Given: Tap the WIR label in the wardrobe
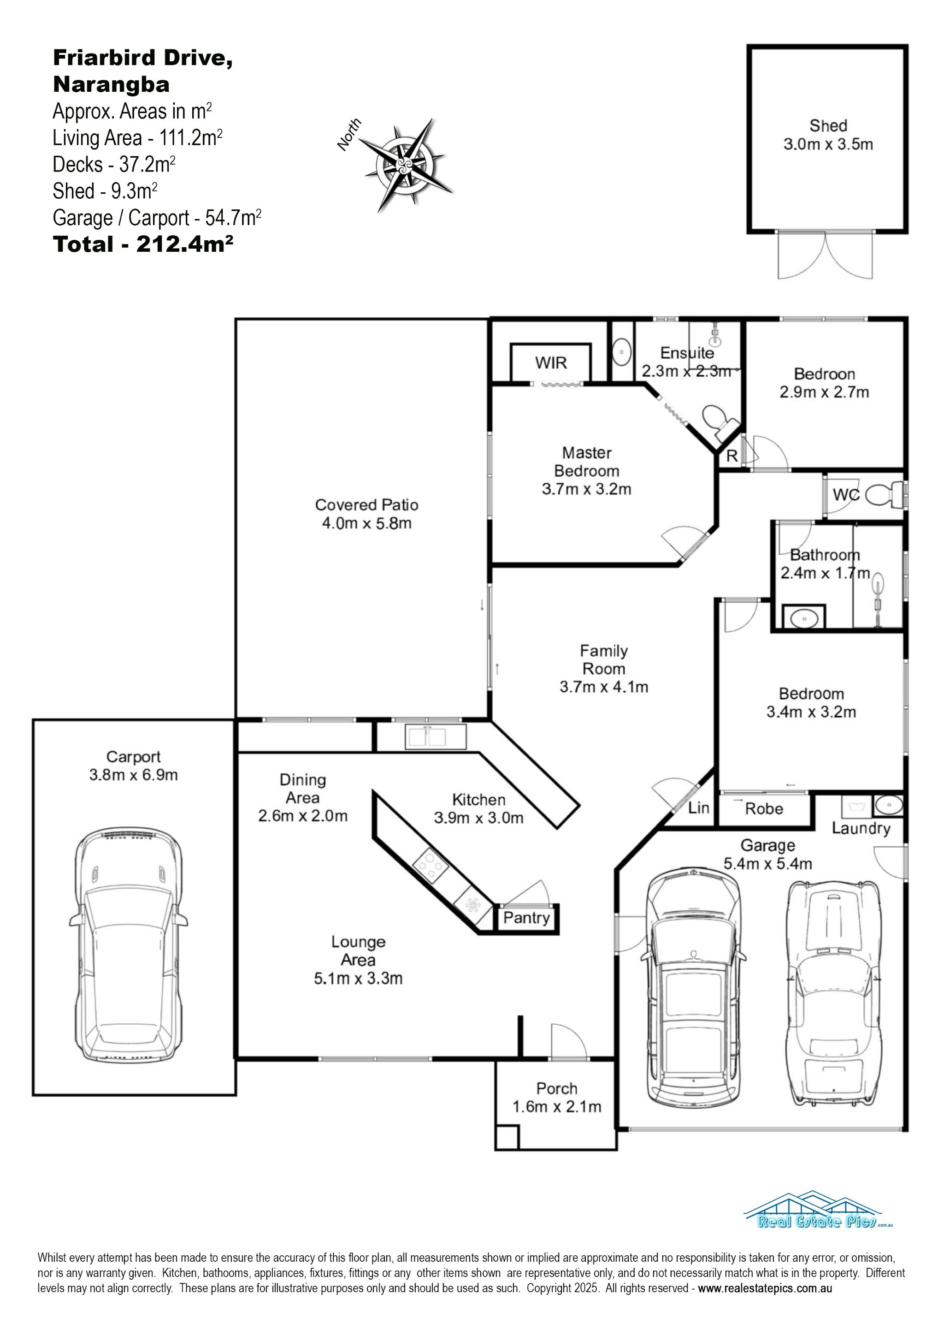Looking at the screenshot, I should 550,363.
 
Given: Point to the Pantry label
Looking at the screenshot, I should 526,918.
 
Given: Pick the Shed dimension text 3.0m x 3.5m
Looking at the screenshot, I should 828,144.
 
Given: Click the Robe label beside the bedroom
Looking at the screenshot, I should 764,809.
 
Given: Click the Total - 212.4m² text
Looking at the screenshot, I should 143,244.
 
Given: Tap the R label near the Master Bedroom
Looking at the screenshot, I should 732,456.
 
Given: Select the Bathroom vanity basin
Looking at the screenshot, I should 803,618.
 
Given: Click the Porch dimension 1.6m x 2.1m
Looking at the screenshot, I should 557,1106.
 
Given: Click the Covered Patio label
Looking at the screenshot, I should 366,505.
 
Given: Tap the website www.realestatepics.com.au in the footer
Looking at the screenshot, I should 765,1288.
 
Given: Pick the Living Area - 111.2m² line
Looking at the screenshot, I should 137,138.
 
